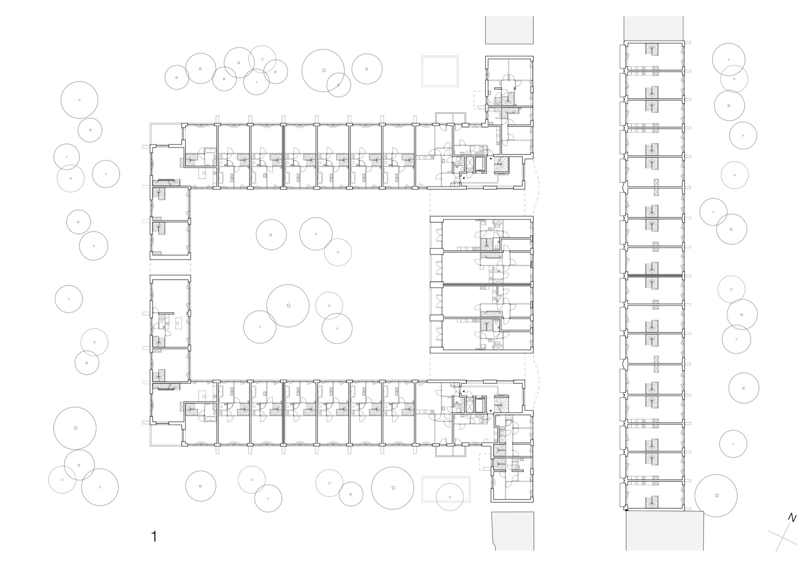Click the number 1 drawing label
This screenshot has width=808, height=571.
pos(154,537)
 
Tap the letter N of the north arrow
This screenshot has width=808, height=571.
pos(792,518)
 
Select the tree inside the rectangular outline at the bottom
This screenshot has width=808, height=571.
pos(450,497)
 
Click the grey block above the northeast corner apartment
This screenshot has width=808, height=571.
pos(509,30)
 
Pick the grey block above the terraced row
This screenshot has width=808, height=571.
pos(653,29)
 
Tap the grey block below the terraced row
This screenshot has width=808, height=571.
pos(665,531)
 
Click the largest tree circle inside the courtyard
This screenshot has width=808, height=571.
pos(288,305)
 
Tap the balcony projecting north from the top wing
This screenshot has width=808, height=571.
pos(451,118)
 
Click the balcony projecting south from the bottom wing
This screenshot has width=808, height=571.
pos(451,451)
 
